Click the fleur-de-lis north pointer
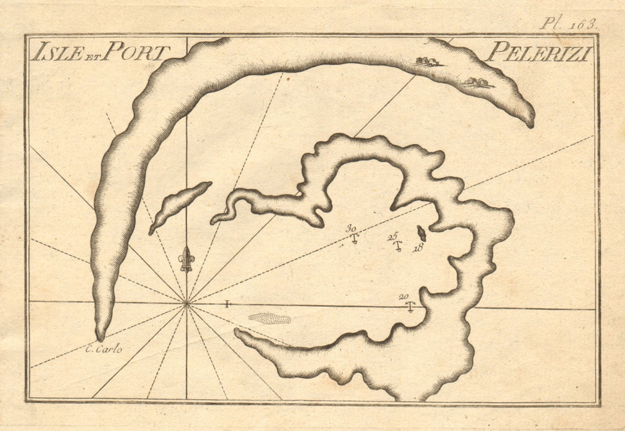tap(186, 259)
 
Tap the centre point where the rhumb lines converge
tap(186, 304)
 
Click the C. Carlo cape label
tap(104, 349)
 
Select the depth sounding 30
tap(352, 229)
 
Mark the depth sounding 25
tap(392, 236)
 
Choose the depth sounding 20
tap(404, 297)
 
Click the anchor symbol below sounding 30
tap(354, 238)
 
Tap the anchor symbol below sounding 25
tap(397, 245)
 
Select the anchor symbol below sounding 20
tap(410, 306)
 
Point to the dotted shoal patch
tap(269, 318)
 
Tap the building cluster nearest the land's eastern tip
tap(477, 82)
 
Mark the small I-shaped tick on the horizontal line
tap(227, 304)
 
